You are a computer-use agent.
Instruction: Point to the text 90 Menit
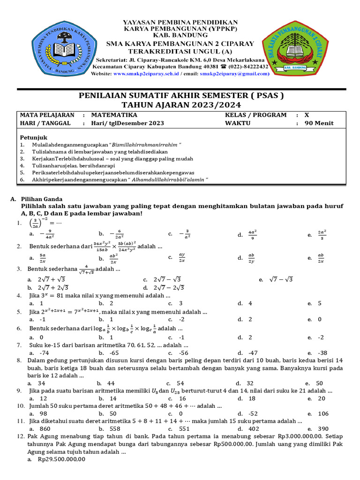point(322,123)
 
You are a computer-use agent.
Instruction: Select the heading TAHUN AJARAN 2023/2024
point(180,105)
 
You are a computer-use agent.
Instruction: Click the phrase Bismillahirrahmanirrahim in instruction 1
point(145,145)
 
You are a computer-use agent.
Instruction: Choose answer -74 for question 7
point(45,353)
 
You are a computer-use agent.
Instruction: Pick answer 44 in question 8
point(111,383)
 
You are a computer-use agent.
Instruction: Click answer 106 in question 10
point(323,413)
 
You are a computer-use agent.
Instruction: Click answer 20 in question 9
point(321,398)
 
